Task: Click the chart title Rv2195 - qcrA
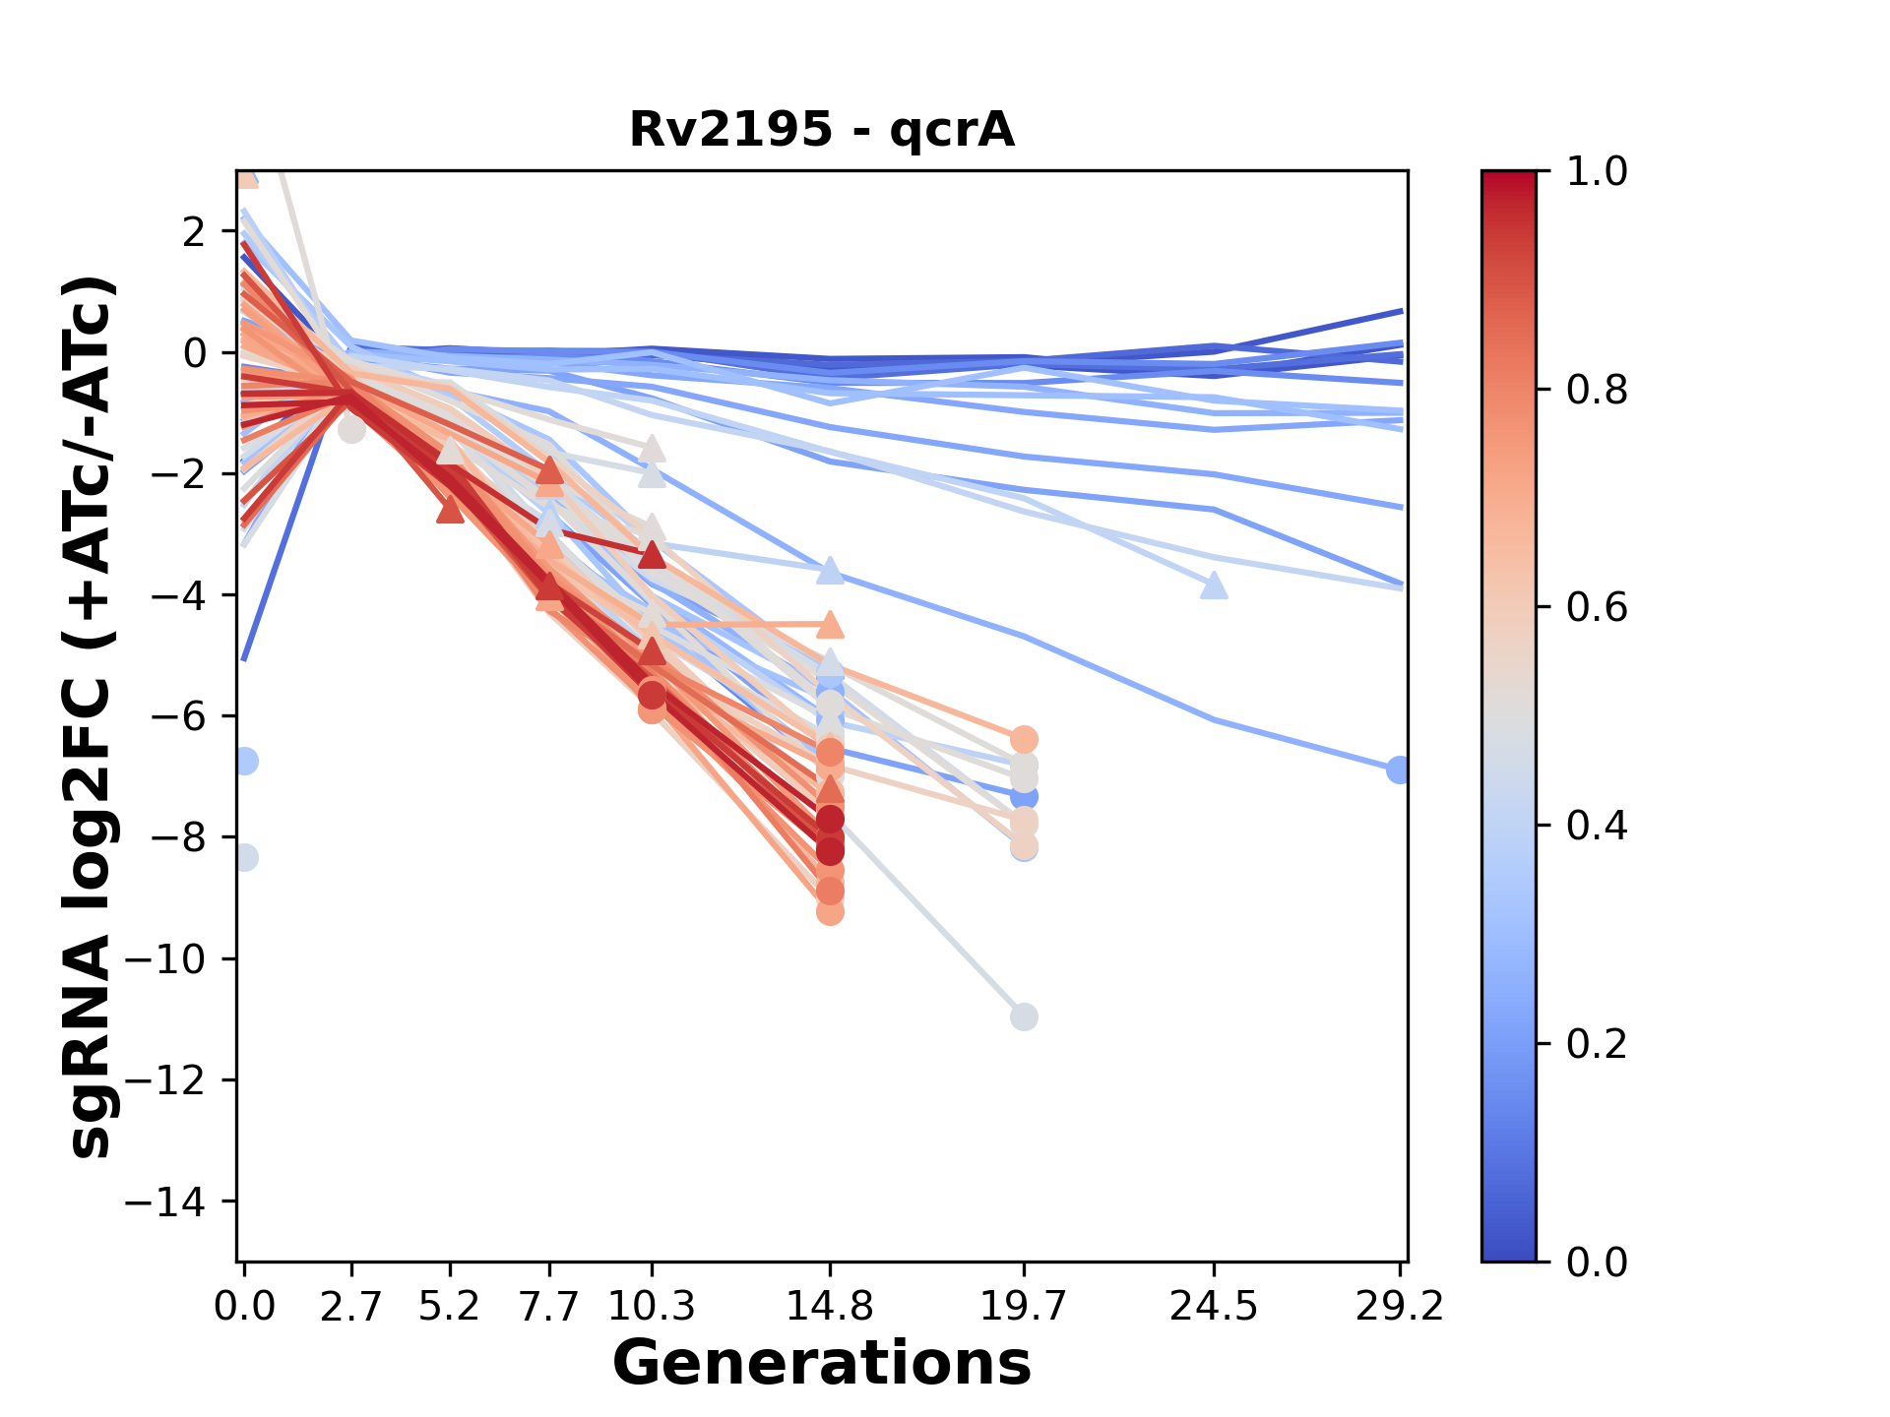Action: coord(822,130)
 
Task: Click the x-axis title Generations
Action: coord(822,1364)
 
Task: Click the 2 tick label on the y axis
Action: coord(194,232)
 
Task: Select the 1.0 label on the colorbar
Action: coord(1597,171)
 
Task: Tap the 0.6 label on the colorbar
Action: coord(1597,607)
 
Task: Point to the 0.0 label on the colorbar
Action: coord(1597,1262)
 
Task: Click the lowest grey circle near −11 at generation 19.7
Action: coord(1024,1017)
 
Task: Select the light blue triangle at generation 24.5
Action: coord(1215,586)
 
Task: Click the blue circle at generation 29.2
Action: coord(1399,770)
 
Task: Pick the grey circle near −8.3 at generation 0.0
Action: coord(245,858)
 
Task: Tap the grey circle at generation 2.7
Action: coord(351,429)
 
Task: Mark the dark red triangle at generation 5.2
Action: coord(450,511)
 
